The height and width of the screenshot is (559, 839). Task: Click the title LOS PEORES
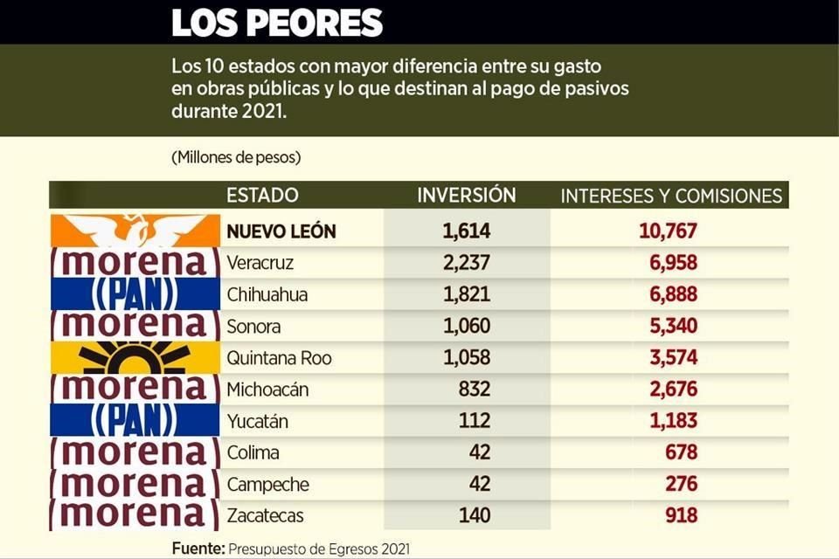click(276, 23)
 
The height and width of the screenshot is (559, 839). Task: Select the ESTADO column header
click(262, 195)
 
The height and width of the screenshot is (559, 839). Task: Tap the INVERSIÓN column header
click(467, 195)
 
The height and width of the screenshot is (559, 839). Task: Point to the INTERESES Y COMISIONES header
click(671, 196)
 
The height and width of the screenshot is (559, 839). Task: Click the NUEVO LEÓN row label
click(281, 231)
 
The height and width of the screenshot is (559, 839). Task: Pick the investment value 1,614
click(467, 231)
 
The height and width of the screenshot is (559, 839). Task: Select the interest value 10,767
click(667, 231)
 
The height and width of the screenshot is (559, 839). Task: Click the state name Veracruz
click(260, 263)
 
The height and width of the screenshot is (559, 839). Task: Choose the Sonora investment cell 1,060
click(467, 326)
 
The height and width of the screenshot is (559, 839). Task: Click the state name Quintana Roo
click(279, 358)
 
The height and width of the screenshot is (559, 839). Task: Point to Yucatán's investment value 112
click(475, 421)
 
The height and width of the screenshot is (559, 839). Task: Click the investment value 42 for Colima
click(479, 452)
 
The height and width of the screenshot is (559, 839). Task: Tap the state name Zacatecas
click(265, 515)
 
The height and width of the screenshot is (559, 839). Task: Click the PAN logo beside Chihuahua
click(134, 294)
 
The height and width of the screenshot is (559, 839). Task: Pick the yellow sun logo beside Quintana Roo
click(134, 358)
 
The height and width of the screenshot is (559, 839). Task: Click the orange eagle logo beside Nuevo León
click(134, 231)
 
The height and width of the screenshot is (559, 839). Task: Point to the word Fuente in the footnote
click(198, 549)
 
